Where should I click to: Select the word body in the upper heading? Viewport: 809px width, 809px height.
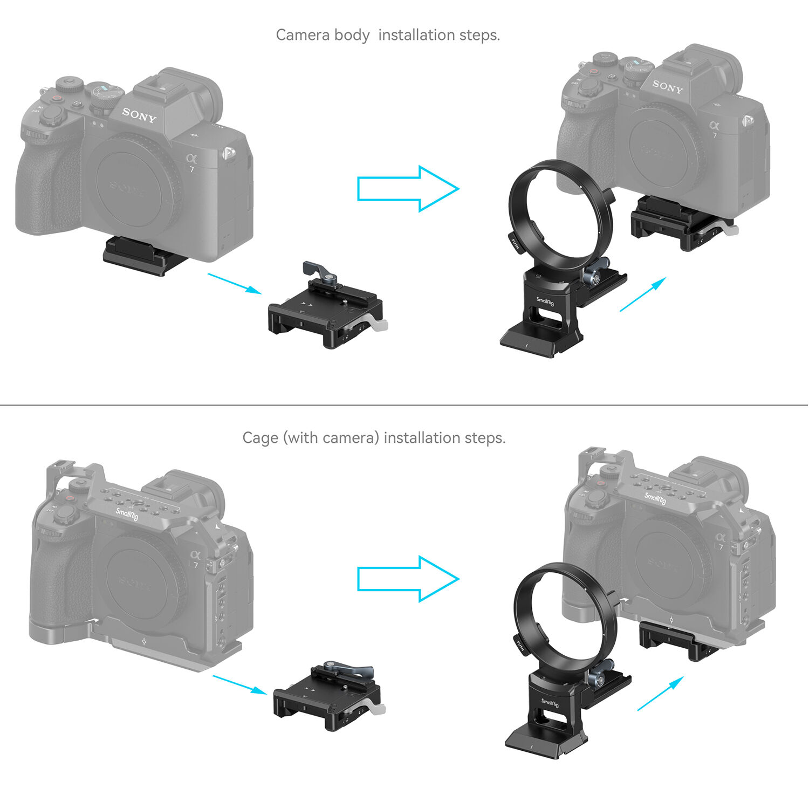352,35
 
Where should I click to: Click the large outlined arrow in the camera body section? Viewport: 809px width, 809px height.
408,189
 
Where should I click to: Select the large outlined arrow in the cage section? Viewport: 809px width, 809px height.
408,579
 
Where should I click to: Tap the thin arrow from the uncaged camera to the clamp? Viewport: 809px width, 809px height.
235,284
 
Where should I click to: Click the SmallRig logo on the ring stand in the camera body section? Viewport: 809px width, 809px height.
545,301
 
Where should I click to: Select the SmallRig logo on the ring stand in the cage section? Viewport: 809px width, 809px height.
550,703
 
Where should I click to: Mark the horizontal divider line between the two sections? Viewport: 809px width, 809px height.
404,404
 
